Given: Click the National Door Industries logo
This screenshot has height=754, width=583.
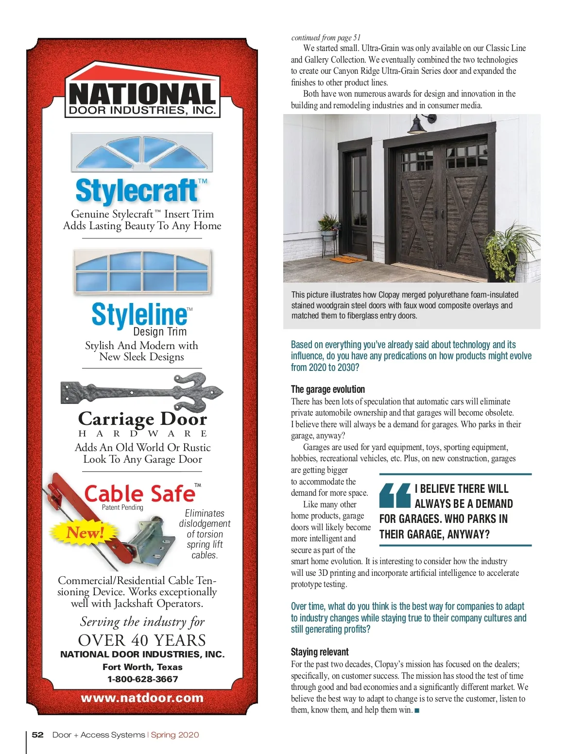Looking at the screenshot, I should tap(142, 92).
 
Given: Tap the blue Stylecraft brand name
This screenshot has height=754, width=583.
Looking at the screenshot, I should tap(137, 190).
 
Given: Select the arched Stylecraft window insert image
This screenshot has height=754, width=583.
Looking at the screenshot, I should tap(142, 151).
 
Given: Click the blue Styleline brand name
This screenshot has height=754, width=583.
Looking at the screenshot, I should tap(139, 314).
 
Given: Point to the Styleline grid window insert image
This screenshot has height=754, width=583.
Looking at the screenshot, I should tap(142, 271).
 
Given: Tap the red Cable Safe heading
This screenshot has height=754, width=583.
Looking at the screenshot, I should tap(139, 494).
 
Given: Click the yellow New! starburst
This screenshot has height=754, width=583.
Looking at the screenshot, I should tap(86, 532).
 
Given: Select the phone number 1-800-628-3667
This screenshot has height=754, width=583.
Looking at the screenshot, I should tap(142, 679).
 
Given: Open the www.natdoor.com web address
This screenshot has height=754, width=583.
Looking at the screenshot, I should tap(142, 698).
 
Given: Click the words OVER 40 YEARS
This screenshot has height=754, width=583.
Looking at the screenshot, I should tap(142, 640).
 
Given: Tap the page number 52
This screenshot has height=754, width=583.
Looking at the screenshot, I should tap(37, 735).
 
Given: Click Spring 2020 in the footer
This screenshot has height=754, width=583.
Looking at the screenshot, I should tap(175, 735).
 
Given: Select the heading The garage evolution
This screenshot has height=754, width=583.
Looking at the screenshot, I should tap(328, 389).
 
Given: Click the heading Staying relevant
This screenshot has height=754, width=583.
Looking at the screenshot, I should tap(320, 652).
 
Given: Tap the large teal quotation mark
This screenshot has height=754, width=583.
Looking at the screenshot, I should tap(395, 495).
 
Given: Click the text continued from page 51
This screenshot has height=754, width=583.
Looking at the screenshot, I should tap(326, 37).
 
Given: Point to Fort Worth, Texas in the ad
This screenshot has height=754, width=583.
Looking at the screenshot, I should tap(142, 667).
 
